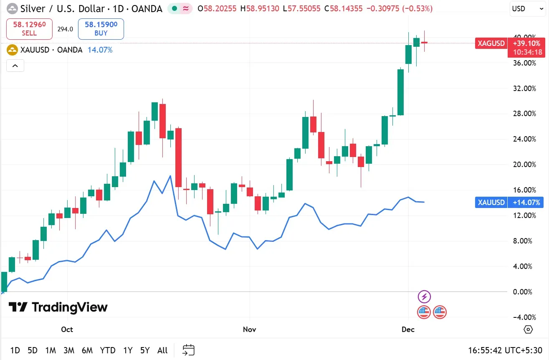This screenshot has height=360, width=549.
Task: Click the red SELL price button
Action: point(29,29)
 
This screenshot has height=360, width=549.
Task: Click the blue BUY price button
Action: point(101,29)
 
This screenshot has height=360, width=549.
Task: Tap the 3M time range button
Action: point(69,350)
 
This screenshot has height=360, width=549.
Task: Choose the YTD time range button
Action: point(108,350)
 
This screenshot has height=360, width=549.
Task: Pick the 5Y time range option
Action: point(144,350)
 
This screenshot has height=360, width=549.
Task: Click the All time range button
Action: point(162,350)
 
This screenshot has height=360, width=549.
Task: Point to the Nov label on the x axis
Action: point(249,330)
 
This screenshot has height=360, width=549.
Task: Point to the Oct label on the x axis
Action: point(67,330)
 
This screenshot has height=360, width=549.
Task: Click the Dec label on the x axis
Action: point(408,330)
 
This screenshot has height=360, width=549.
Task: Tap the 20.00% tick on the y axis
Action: point(524,165)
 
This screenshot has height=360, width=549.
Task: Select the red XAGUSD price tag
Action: point(491,43)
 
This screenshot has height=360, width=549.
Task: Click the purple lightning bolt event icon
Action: point(424,297)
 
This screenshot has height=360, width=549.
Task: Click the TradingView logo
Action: point(58,308)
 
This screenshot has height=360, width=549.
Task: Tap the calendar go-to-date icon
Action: point(189,350)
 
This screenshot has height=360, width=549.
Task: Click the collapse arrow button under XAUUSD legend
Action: point(15,66)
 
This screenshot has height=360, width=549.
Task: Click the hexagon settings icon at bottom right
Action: point(528,330)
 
